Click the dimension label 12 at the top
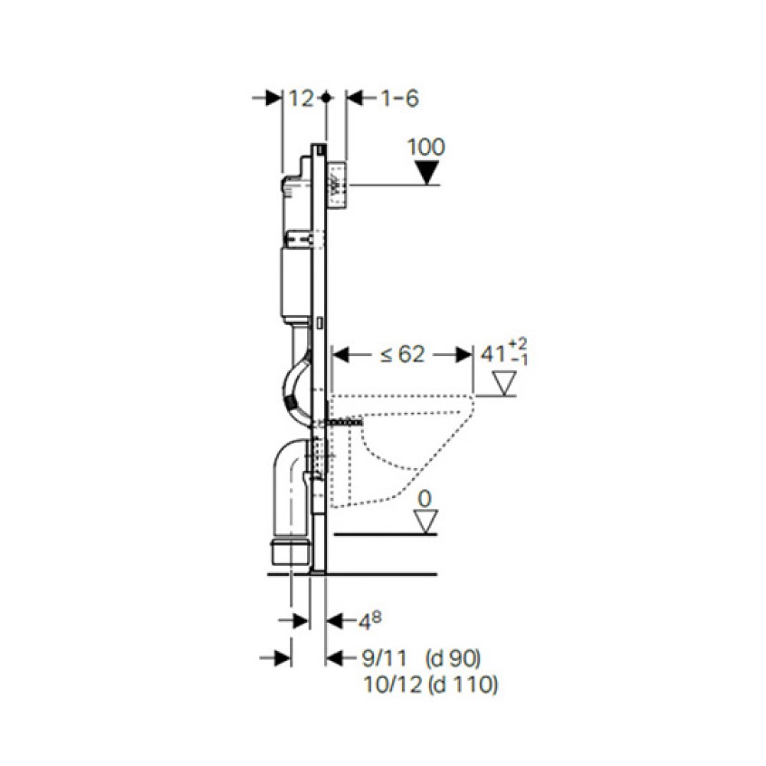[301, 99]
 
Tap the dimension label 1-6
[400, 99]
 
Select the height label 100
[426, 147]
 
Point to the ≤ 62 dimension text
[403, 354]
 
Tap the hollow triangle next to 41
[505, 383]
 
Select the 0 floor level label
[425, 499]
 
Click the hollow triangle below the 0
[425, 521]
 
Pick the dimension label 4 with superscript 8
[370, 621]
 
